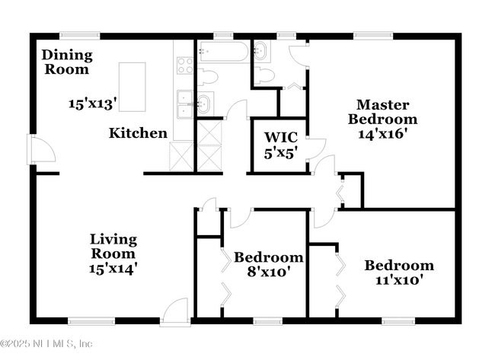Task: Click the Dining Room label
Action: coord(67,62)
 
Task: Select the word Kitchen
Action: coord(138,133)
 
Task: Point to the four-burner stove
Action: coord(185,65)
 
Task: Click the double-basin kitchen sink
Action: coord(185,105)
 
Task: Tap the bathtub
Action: coord(223,52)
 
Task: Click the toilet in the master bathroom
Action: coord(263,75)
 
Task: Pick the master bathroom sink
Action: coord(260,52)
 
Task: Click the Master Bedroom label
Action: coord(382,112)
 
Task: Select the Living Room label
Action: coord(113,246)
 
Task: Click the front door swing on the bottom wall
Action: coord(176,311)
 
